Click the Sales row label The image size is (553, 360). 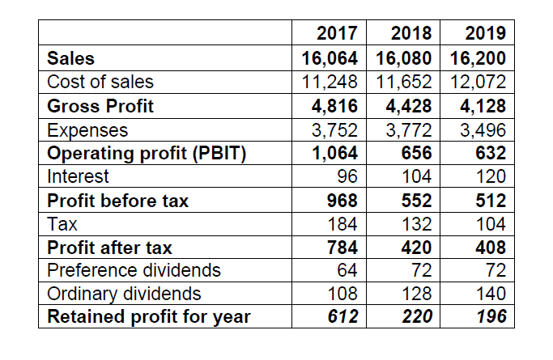pos(71,58)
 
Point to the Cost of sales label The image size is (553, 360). pos(100,82)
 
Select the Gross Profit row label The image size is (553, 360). pos(101,106)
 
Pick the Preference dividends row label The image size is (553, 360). pos(134,269)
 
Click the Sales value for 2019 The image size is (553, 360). pos(476,58)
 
